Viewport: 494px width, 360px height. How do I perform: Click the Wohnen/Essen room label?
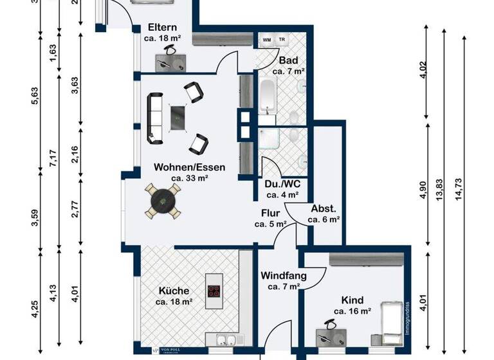[x=189, y=167]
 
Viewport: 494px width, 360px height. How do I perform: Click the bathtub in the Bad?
[x=267, y=96]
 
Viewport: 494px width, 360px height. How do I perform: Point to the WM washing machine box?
[x=266, y=40]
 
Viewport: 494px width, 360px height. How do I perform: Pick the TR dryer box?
[x=281, y=40]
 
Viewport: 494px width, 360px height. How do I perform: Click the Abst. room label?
[x=324, y=208]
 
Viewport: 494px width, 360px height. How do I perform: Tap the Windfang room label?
[x=283, y=276]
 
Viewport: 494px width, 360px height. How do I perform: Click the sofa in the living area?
[x=155, y=118]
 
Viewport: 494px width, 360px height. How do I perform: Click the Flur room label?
[x=270, y=213]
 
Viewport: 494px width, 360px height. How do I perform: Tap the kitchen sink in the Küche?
[x=223, y=341]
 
